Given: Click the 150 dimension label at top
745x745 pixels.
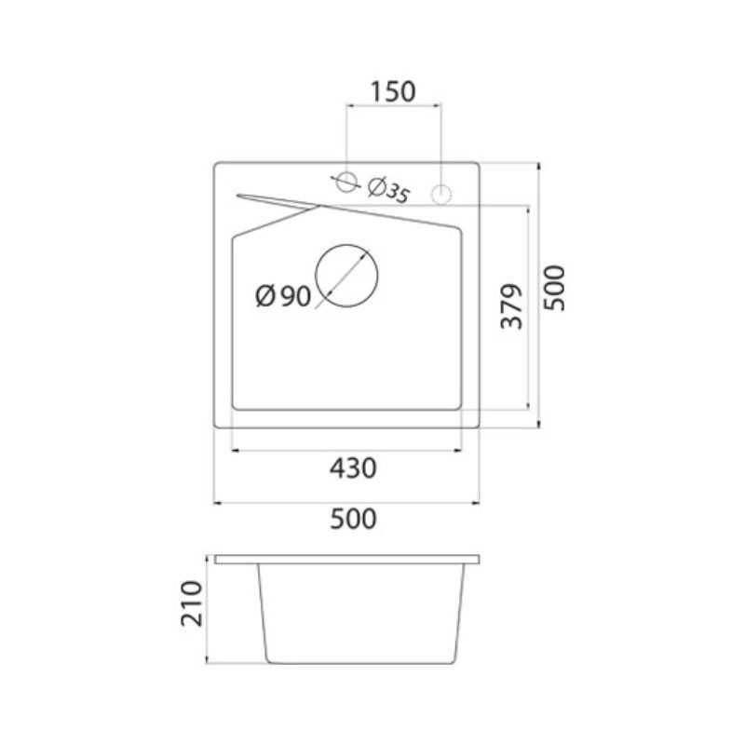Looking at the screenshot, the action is point(392,91).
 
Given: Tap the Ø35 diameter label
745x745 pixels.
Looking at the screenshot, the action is point(388,190).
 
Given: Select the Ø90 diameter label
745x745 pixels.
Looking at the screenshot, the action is point(283,296).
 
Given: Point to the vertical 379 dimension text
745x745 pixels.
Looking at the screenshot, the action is point(511,306).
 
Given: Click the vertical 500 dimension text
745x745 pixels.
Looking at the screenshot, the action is point(554,289).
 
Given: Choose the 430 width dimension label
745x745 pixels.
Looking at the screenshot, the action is point(353,468).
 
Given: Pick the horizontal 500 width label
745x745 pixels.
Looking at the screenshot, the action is point(353,519).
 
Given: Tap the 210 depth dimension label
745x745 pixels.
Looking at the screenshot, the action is point(192,603).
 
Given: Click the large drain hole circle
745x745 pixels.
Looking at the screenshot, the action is point(346,244).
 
